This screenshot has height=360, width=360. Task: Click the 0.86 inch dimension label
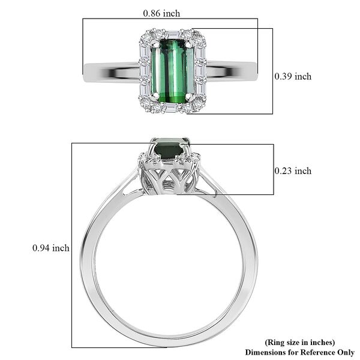161,13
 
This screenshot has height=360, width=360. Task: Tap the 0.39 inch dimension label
293,76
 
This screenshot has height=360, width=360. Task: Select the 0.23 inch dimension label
293,171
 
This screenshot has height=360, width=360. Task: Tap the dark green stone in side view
172,149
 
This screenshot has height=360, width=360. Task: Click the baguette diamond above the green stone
172,36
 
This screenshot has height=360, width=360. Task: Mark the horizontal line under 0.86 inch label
170,19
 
